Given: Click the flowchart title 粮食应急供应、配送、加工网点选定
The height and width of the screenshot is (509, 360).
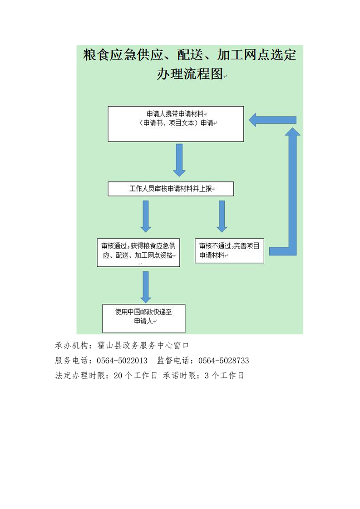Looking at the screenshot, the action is (189, 54).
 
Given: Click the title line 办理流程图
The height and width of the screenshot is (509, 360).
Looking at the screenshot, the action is (190, 73).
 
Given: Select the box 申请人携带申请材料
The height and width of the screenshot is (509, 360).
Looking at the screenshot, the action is (176, 124).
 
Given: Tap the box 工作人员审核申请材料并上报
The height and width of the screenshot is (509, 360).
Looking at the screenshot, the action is (171, 189).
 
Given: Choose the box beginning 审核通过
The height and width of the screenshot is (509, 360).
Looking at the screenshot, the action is (138, 253).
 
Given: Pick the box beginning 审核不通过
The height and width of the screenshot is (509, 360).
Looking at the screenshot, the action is (229, 250).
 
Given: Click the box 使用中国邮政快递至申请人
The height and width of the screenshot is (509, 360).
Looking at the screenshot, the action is (143, 318).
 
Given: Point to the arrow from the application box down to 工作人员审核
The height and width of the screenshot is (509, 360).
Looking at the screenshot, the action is (179, 160).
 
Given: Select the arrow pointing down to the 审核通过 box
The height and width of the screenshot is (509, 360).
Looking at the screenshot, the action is (146, 216).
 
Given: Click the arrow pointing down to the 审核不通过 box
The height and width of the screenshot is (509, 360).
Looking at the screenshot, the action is (222, 216).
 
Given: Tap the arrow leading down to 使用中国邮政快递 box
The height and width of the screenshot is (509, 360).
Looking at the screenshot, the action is (146, 287).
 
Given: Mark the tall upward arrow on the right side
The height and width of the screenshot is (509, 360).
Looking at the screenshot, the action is (292, 191).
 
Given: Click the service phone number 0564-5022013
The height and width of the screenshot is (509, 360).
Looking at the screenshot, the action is (122, 361).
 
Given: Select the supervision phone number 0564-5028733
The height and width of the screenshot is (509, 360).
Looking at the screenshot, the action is (223, 361).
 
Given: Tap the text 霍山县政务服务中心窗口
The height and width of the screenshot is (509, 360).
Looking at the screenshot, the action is (143, 345).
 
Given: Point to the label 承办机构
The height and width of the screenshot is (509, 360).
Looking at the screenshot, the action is (71, 345).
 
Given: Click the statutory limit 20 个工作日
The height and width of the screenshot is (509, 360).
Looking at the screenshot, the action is (135, 376).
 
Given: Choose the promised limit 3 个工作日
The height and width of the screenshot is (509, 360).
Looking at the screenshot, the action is (224, 376).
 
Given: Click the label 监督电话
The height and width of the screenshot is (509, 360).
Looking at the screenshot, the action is (173, 361).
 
